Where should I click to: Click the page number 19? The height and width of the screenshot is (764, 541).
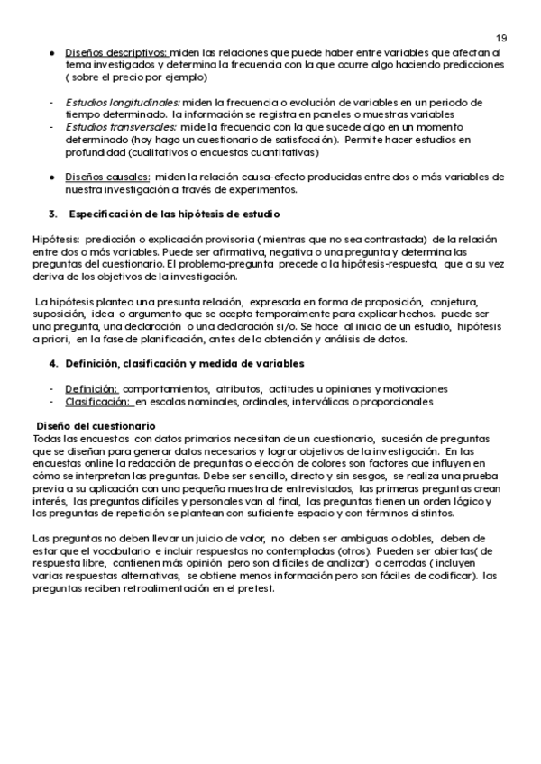click(x=501, y=37)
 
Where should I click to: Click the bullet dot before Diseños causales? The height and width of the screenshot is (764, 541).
click(x=54, y=177)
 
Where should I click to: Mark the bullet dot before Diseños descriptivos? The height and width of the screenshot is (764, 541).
click(x=54, y=52)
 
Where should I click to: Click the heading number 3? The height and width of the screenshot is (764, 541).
click(x=51, y=214)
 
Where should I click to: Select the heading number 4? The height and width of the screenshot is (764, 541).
click(x=51, y=362)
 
